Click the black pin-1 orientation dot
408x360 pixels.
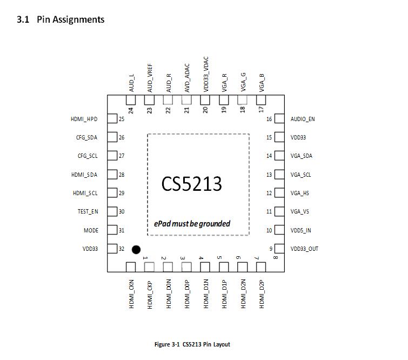(136, 249)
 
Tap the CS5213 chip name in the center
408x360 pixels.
(191, 184)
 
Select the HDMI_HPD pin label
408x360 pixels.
(84, 119)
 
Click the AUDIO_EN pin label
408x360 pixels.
(303, 119)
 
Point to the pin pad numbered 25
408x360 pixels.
(112, 119)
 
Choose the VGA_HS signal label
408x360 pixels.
(300, 193)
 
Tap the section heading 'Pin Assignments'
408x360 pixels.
(70, 19)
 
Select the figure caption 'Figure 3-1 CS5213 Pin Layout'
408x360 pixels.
(192, 344)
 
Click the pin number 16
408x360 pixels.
(269, 119)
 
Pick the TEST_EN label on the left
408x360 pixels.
(87, 212)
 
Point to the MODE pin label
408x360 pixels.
(91, 230)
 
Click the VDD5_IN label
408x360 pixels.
(301, 230)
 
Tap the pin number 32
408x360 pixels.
(122, 249)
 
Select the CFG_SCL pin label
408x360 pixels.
(88, 156)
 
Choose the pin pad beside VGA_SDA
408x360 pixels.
(279, 156)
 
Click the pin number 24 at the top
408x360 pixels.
(131, 110)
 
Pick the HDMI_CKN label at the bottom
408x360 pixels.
(131, 294)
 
